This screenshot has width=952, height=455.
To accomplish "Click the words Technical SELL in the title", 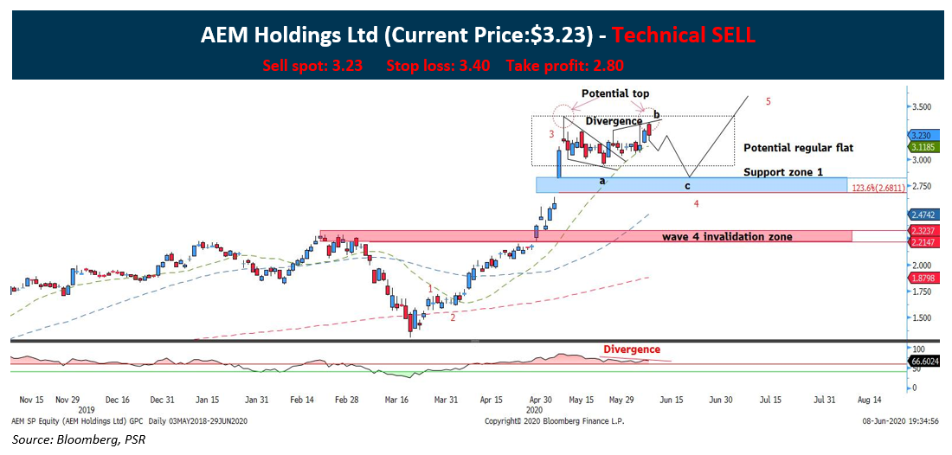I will point(684,35).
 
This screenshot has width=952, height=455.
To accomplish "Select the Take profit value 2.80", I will point(607,65).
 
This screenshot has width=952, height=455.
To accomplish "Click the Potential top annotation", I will point(615,93).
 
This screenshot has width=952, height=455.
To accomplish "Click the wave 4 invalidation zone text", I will point(727,236).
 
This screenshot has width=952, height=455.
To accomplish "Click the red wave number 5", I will point(769,101).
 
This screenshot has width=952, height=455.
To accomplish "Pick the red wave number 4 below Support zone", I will point(696,203).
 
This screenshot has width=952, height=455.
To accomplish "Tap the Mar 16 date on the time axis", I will point(397,401).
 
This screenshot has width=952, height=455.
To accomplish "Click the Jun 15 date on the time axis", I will point(672,401).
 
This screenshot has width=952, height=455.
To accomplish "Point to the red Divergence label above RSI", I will point(631,349).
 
